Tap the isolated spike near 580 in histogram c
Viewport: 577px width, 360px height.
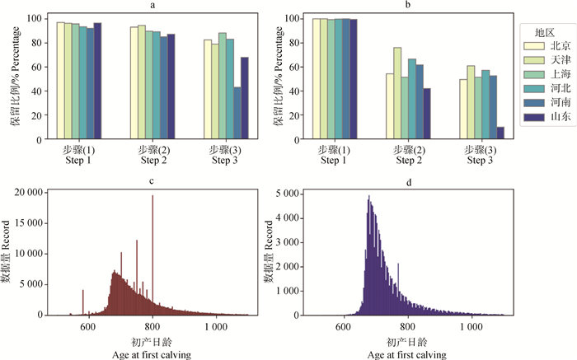[x=83, y=302]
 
